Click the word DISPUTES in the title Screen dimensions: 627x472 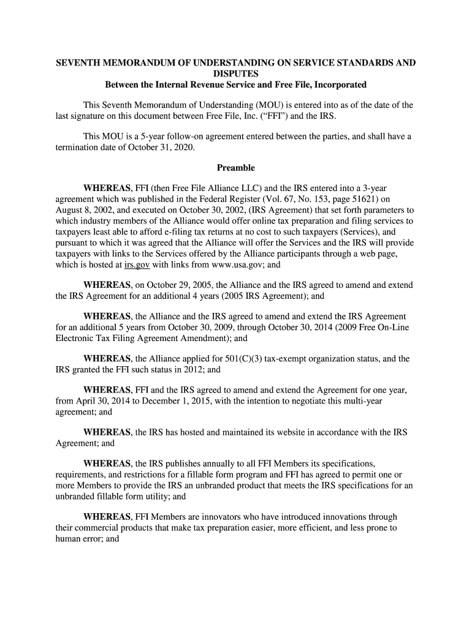coord(236,73)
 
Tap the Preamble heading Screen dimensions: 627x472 coord(236,168)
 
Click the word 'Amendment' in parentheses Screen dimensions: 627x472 coord(205,337)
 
